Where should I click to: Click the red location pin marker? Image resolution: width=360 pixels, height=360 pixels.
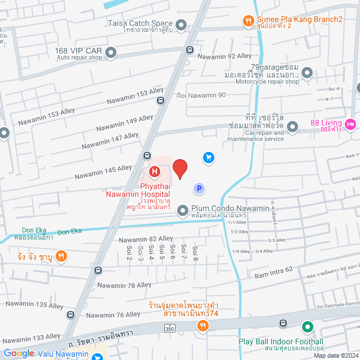pyautogui.click(x=179, y=169)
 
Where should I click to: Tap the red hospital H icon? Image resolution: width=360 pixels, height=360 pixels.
pyautogui.click(x=153, y=171)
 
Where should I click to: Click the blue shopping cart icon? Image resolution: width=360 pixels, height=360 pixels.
pyautogui.click(x=209, y=157)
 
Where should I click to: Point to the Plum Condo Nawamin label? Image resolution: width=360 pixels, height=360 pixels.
pyautogui.click(x=231, y=209)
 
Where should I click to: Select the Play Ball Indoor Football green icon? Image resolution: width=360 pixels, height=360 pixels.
pyautogui.click(x=307, y=327)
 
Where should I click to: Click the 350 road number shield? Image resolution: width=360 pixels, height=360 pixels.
pyautogui.click(x=169, y=327)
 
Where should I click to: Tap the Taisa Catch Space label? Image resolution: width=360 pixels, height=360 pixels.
pyautogui.click(x=141, y=24)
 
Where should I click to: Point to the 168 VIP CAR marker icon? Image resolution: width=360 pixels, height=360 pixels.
pyautogui.click(x=111, y=53)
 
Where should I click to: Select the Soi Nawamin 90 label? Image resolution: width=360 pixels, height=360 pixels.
pyautogui.click(x=201, y=94)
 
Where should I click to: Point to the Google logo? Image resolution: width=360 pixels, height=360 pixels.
pyautogui.click(x=19, y=353)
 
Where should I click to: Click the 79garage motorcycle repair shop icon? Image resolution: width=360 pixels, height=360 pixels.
pyautogui.click(x=307, y=72)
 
